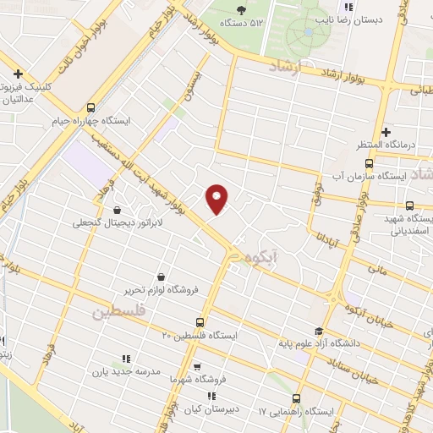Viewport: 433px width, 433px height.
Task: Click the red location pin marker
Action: [x=217, y=198]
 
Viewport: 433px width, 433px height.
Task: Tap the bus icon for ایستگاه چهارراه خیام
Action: [x=90, y=107]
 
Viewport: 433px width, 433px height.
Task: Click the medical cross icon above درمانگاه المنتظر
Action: [x=386, y=132]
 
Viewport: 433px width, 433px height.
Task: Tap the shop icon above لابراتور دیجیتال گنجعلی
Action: [x=116, y=210]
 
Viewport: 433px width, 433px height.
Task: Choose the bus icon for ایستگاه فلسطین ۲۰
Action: [x=200, y=322]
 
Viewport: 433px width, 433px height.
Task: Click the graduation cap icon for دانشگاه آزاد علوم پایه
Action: [x=318, y=332]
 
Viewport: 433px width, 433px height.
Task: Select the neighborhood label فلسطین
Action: [x=118, y=313]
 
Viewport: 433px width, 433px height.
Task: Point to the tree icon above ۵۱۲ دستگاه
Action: [x=242, y=10]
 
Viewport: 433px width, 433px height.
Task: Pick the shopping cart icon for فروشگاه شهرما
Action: [x=196, y=367]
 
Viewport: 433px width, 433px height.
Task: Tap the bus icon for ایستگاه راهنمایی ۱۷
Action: [x=297, y=398]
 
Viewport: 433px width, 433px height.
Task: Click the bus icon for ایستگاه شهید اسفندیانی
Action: [x=410, y=205]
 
